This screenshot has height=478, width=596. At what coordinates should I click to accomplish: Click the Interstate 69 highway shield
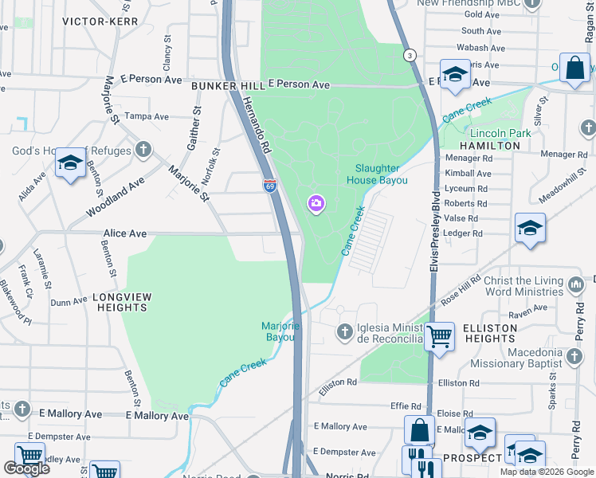pyautogui.click(x=269, y=186)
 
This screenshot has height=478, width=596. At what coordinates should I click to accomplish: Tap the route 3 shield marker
pyautogui.click(x=409, y=55)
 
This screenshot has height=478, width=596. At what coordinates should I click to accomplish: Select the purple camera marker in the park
pyautogui.click(x=316, y=204)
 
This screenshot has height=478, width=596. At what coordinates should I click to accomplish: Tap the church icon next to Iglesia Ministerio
pyautogui.click(x=344, y=331)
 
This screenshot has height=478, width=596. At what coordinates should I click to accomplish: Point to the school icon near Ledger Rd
pyautogui.click(x=530, y=228)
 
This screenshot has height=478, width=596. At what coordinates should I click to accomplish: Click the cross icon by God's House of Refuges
pyautogui.click(x=143, y=150)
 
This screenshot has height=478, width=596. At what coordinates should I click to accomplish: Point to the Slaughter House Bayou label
pyautogui.click(x=382, y=174)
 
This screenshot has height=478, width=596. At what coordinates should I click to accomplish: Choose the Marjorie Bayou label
pyautogui.click(x=280, y=331)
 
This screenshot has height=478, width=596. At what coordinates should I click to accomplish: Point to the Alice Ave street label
pyautogui.click(x=125, y=233)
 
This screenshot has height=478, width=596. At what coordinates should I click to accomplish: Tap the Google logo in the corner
pyautogui.click(x=26, y=468)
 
